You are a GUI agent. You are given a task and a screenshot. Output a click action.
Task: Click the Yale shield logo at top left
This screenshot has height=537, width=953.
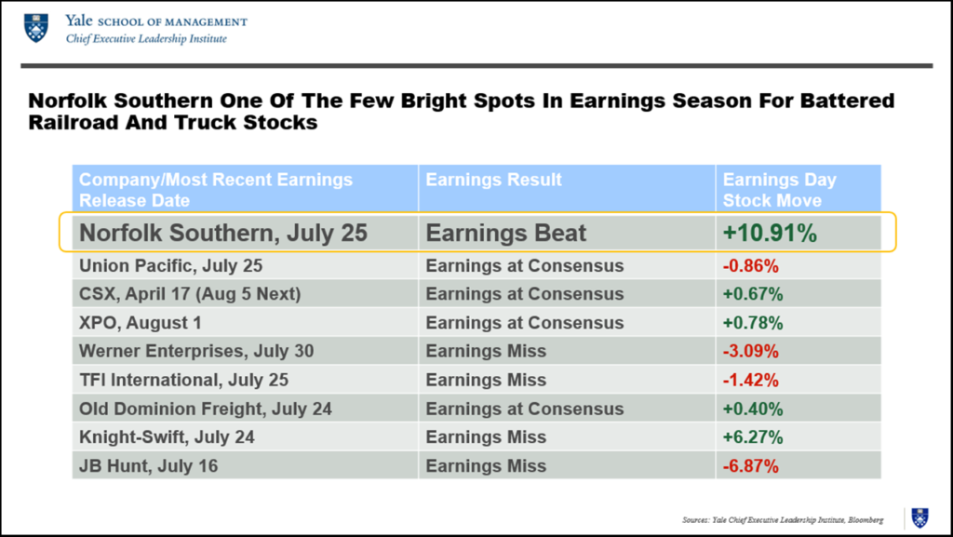point(36,28)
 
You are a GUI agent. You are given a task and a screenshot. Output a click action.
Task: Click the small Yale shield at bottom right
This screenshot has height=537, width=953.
point(919,517)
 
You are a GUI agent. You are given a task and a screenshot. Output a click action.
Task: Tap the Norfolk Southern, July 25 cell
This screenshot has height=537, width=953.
point(223,233)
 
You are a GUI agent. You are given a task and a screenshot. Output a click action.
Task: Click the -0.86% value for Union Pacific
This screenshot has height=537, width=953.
point(750,266)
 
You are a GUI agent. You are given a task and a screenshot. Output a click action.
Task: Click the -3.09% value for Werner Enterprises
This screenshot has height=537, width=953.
point(750,352)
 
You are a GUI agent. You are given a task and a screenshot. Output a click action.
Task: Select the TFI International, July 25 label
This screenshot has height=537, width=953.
point(183,380)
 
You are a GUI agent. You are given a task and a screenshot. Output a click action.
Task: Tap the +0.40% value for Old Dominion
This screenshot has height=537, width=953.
point(752,409)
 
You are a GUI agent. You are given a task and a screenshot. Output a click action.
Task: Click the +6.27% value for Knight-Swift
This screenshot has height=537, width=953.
point(752,437)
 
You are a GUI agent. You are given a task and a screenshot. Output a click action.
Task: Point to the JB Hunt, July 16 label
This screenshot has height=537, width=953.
point(149,465)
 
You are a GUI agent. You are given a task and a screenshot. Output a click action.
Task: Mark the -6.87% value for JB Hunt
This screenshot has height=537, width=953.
point(750,465)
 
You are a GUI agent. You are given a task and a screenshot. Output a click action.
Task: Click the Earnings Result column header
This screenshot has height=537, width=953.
point(493,180)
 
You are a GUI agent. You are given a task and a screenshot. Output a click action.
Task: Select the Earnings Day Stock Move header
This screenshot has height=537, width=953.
point(780,189)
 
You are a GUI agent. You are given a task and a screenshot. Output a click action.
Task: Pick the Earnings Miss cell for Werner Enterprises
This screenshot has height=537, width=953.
point(486,352)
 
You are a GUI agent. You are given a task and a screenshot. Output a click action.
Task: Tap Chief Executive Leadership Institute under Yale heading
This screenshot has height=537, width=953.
point(146,39)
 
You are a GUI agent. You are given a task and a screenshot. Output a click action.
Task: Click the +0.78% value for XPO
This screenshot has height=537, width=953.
point(752,323)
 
